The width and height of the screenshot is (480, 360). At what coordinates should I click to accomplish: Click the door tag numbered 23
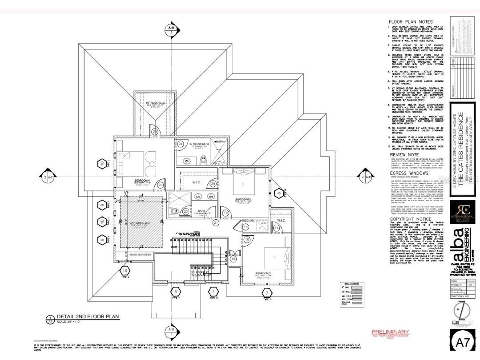[161, 185]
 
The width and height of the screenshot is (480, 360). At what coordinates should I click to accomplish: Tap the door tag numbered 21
[216, 222]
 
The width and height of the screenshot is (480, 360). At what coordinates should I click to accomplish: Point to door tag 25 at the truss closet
[154, 132]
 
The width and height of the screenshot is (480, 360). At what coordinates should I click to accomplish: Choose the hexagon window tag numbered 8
[278, 193]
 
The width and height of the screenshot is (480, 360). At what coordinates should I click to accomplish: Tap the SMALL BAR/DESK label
[141, 255]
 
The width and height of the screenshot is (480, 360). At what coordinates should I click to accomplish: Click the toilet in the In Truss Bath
[203, 158]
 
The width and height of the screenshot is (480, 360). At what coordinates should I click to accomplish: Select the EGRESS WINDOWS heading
[409, 173]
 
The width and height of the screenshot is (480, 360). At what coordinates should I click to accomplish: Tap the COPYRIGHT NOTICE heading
[411, 219]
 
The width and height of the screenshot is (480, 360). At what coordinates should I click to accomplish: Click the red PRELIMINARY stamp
[390, 332]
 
